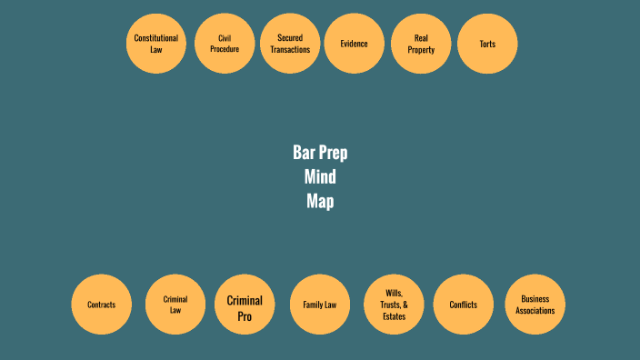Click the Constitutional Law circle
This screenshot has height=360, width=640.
[x=155, y=44]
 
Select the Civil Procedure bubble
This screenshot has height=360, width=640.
[x=225, y=44]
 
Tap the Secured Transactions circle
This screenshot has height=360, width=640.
[x=290, y=44]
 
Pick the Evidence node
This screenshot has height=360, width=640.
[x=354, y=44]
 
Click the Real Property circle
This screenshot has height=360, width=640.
[x=421, y=44]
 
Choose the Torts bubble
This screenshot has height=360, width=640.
[x=487, y=44]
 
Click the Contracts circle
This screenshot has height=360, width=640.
[x=102, y=305]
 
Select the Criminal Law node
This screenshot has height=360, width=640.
[x=175, y=305]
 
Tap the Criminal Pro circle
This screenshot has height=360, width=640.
[x=245, y=305]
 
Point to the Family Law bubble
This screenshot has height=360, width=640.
[x=320, y=305]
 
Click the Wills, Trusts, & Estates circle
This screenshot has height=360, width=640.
[x=395, y=305]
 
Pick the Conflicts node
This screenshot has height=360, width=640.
[x=464, y=305]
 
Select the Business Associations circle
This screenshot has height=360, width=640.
[x=535, y=305]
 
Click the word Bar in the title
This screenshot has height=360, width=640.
[x=304, y=153]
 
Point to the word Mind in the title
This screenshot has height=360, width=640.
[x=320, y=177]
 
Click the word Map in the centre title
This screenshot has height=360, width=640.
[x=320, y=202]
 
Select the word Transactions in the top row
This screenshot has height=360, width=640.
[x=290, y=49]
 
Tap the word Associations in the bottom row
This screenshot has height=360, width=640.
[x=535, y=310]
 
